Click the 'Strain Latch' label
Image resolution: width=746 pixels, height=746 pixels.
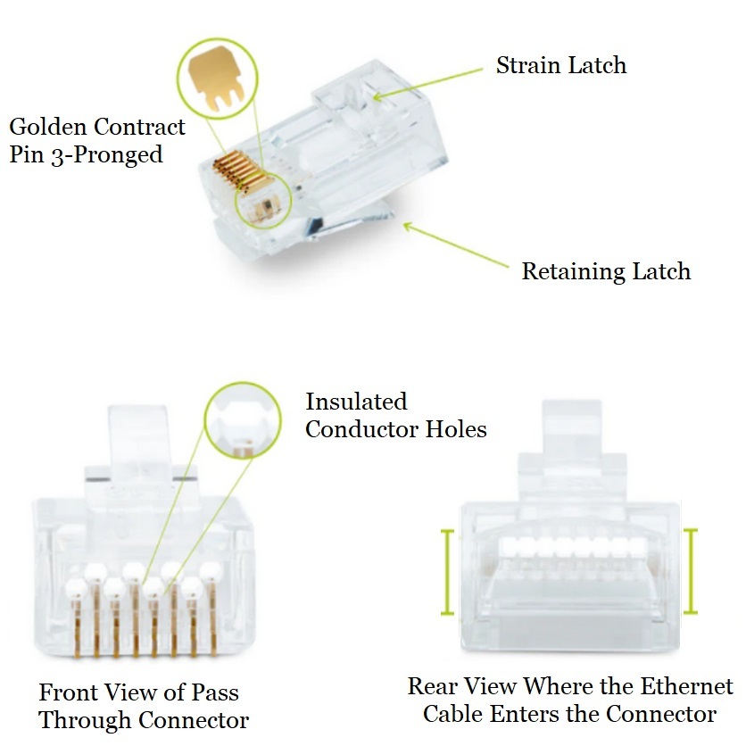coord(560,65)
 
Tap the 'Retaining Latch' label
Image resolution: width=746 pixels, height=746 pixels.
coord(606,271)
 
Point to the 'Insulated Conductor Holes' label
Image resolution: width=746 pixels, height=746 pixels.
coord(395,415)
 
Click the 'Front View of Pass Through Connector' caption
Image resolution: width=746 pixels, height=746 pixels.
coord(143,705)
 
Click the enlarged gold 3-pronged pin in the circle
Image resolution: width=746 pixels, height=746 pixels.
coord(216,80)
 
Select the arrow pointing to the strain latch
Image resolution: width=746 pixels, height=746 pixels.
coord(429,82)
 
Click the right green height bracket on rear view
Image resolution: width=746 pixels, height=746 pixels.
coord(689,572)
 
